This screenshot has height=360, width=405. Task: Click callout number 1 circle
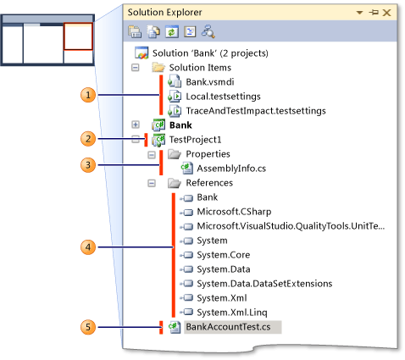click(86, 95)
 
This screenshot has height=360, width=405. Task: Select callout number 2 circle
click(86, 138)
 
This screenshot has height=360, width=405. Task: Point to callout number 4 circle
click(86, 247)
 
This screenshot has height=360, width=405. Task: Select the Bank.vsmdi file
click(208, 81)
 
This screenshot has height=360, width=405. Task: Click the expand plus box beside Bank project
click(136, 125)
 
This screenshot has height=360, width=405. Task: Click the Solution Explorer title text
click(168, 13)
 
